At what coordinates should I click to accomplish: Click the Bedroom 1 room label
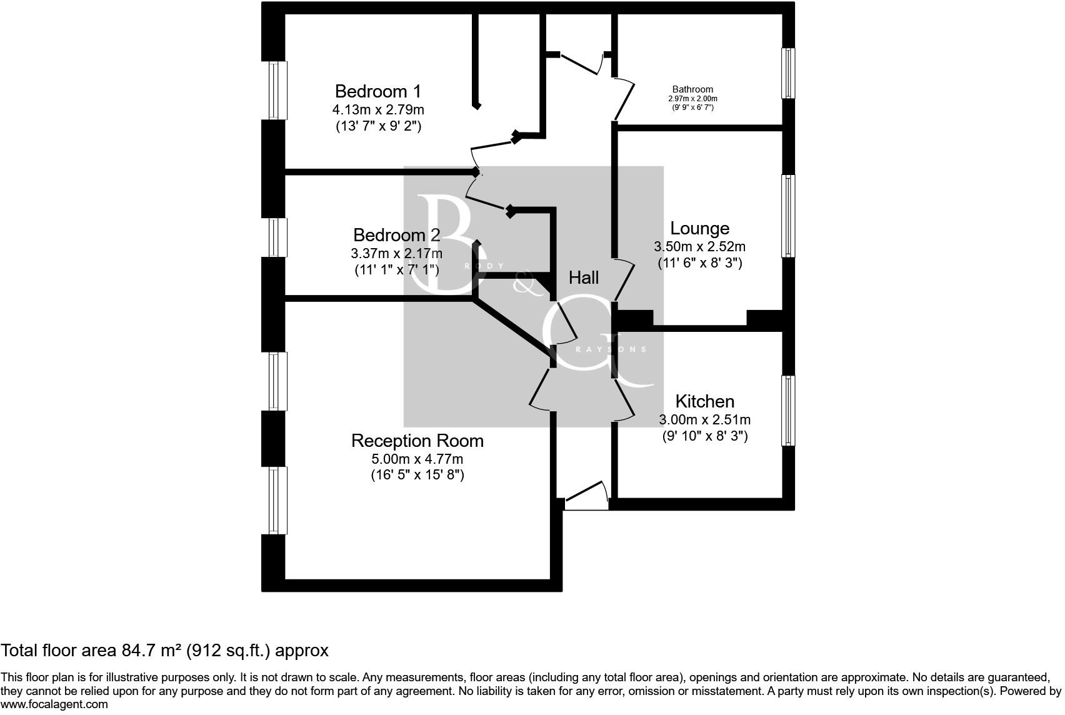(x=378, y=91)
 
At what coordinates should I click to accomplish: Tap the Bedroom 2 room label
(x=396, y=235)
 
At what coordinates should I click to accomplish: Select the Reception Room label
(x=417, y=441)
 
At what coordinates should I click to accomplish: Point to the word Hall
(x=583, y=277)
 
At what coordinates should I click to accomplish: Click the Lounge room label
(x=699, y=228)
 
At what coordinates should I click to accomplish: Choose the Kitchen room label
(x=704, y=401)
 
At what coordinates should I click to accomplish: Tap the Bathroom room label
(x=692, y=89)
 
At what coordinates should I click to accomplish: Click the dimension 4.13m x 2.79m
(x=378, y=110)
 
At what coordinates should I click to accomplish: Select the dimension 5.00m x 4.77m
(x=417, y=459)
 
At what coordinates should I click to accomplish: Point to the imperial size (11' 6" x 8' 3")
(x=699, y=263)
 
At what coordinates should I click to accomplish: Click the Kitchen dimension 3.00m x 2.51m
(x=704, y=420)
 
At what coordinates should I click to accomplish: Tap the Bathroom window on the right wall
(x=789, y=73)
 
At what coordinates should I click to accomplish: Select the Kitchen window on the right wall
(x=789, y=411)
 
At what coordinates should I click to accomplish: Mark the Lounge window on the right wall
(x=789, y=216)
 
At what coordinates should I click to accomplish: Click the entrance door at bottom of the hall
(x=586, y=497)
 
